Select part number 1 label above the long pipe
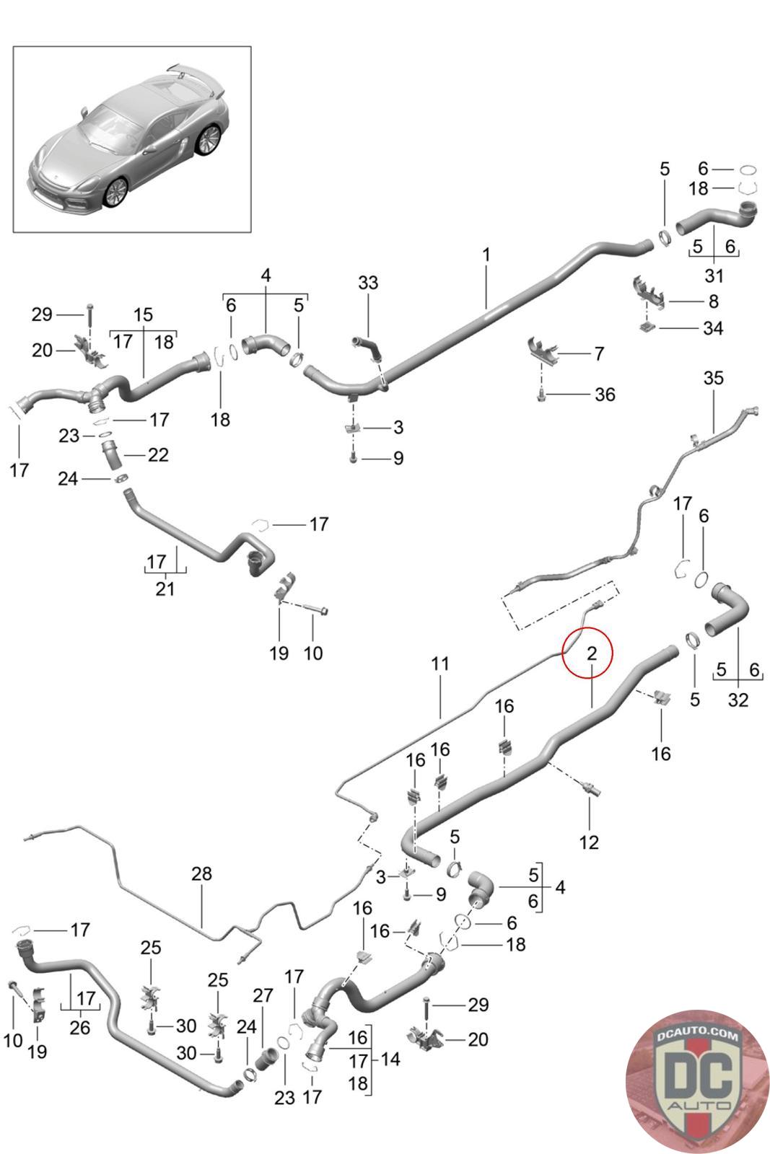(x=486, y=255)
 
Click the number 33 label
(x=368, y=283)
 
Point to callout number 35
(x=713, y=378)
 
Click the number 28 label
(x=202, y=873)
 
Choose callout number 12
(x=589, y=842)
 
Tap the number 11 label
(x=440, y=663)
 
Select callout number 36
(x=605, y=395)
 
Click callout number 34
(x=713, y=328)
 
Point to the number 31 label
(x=714, y=276)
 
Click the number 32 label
(x=738, y=699)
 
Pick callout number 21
(x=165, y=589)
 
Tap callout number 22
(x=157, y=455)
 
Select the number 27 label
(x=263, y=995)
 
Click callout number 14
(x=390, y=1060)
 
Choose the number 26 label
(x=79, y=1027)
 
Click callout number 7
(x=599, y=353)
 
